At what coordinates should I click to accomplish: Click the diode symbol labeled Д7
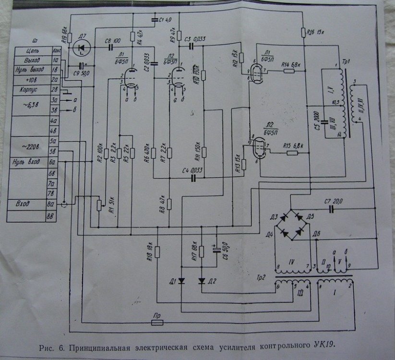pos(82,47)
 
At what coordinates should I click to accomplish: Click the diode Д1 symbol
pos(181,281)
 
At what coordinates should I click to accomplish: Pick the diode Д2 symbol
pos(202,281)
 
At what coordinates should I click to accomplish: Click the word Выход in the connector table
pos(28,60)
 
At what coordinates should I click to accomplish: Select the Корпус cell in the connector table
pos(29,90)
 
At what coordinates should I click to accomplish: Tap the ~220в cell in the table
pos(30,145)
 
